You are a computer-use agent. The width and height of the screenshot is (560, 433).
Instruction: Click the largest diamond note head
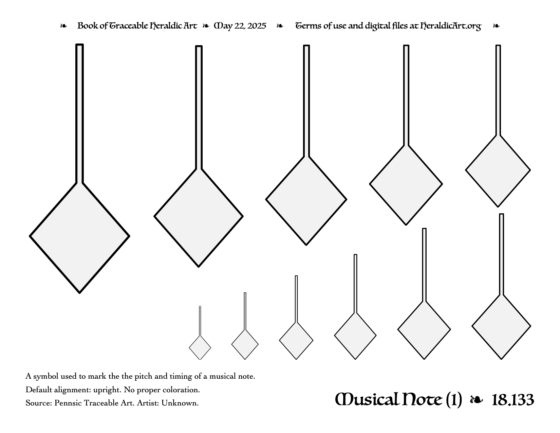click(79, 237)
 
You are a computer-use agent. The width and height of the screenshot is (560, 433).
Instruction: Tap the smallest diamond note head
click(200, 348)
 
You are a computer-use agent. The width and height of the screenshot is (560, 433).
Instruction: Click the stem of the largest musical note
click(79, 113)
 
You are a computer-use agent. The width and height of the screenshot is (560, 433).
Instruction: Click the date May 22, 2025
click(240, 26)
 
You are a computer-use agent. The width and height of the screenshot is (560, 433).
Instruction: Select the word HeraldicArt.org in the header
click(451, 26)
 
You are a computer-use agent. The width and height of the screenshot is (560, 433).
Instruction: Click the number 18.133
click(513, 400)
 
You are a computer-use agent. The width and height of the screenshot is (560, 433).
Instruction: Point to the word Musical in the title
click(367, 399)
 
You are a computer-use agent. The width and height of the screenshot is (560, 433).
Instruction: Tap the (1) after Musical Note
click(454, 400)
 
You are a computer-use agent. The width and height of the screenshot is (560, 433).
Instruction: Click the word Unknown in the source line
click(180, 403)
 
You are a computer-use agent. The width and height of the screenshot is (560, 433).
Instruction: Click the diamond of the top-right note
click(498, 171)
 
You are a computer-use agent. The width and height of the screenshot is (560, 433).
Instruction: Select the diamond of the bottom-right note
click(501, 327)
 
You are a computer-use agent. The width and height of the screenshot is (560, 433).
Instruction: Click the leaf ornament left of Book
click(63, 26)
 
